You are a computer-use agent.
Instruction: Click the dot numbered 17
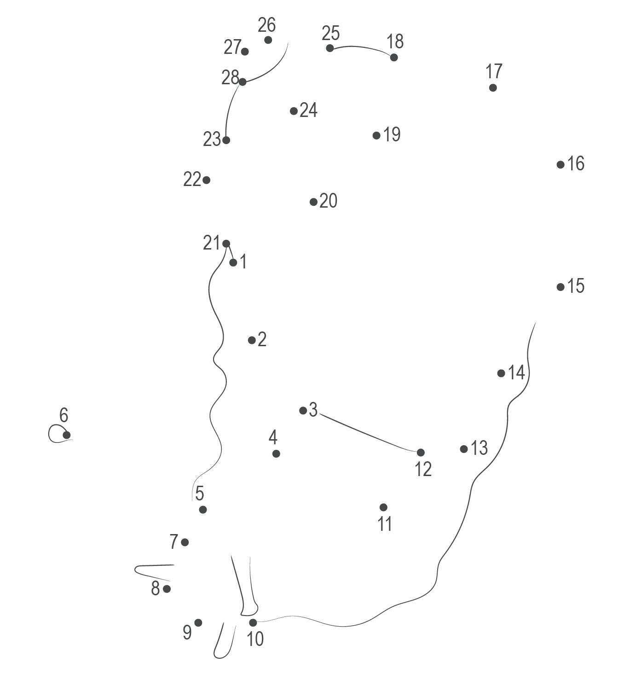tap(493, 87)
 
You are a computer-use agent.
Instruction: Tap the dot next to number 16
tap(560, 164)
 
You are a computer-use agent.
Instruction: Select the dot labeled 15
tap(560, 287)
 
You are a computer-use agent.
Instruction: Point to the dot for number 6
tap(67, 435)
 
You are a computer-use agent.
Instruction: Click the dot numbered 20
tap(313, 202)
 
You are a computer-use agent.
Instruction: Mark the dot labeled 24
tap(294, 111)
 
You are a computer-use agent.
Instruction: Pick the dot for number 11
tap(383, 507)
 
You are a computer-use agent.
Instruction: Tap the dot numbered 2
tap(252, 340)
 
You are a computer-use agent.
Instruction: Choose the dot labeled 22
tap(207, 180)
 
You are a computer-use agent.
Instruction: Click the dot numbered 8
tap(167, 589)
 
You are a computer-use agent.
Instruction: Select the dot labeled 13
tap(464, 449)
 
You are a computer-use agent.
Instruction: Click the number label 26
tap(266, 25)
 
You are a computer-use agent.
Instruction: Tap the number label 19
tap(392, 134)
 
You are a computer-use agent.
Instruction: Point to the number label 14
tap(517, 372)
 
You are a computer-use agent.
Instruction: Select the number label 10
tap(255, 639)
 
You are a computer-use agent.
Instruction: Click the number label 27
tap(232, 47)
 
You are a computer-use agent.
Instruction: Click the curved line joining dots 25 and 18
tap(361, 47)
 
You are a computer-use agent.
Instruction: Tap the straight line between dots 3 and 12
tap(368, 435)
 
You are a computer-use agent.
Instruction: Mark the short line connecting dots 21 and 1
tap(230, 253)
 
